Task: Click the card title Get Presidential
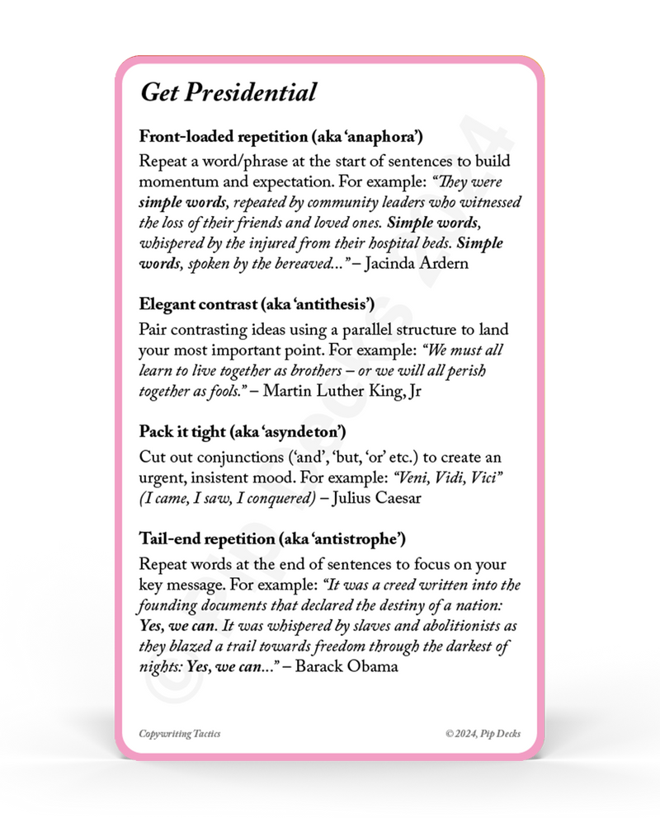(228, 92)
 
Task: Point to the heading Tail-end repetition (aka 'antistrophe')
(273, 540)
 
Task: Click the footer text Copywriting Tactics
(179, 733)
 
